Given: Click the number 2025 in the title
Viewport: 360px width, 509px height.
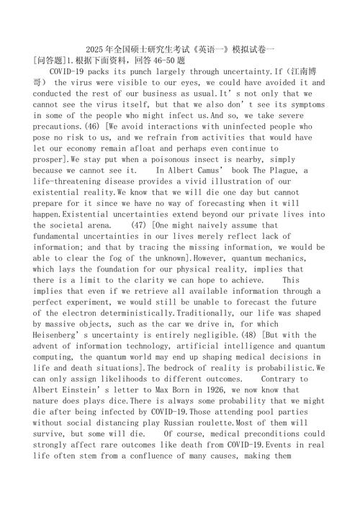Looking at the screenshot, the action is (96, 50).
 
